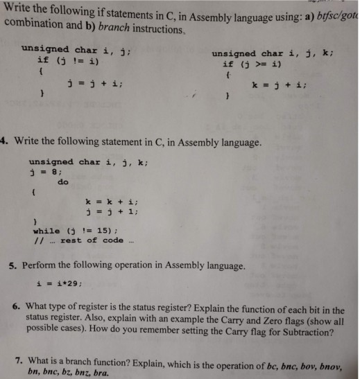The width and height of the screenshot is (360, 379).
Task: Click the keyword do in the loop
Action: click(x=63, y=183)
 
